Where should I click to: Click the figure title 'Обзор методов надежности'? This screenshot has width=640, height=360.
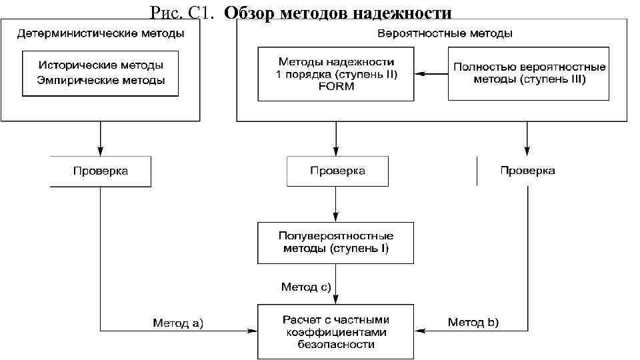click(338, 13)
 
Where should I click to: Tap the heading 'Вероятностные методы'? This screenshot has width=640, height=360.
click(445, 33)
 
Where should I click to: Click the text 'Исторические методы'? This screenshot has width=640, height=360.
click(101, 65)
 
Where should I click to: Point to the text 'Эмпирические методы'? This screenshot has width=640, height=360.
click(101, 80)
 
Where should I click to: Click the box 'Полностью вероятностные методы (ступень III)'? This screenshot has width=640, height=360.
click(529, 73)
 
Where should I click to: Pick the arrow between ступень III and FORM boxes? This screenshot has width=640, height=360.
click(431, 73)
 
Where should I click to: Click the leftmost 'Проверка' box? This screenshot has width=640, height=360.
click(100, 171)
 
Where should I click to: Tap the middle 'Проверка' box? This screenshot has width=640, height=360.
click(337, 171)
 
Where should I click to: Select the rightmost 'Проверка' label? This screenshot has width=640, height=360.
click(527, 171)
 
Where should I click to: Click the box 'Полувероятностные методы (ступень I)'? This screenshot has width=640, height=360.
click(336, 242)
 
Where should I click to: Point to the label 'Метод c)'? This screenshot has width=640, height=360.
click(306, 287)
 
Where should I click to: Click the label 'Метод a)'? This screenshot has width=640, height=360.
click(178, 323)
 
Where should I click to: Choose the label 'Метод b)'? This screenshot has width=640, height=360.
click(473, 323)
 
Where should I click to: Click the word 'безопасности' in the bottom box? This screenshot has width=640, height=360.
click(336, 345)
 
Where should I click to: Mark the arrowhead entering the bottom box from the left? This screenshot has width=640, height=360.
click(253, 330)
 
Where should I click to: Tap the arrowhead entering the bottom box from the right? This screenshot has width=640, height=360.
click(419, 330)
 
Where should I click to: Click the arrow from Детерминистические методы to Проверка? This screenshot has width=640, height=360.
click(100, 139)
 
